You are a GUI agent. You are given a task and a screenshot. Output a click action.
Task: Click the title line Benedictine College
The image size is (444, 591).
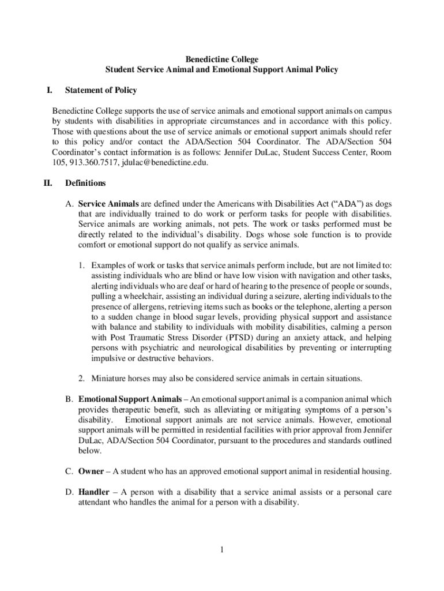(221, 59)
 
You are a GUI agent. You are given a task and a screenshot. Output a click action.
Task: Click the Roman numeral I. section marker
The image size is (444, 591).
(50, 91)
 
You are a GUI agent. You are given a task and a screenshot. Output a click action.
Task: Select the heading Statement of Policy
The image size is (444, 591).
(101, 91)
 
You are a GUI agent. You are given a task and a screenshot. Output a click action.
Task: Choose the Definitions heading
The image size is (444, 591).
(85, 184)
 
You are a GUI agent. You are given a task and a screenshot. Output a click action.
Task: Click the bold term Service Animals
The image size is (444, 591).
(108, 204)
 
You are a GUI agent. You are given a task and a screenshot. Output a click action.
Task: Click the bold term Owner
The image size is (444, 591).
(91, 472)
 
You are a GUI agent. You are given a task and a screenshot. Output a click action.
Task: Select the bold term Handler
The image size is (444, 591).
(95, 492)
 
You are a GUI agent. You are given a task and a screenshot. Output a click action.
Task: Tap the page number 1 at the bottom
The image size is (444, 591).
(221, 549)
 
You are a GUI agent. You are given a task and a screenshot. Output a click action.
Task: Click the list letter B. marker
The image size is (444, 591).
(69, 399)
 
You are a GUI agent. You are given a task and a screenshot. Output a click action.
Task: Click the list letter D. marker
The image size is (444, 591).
(69, 492)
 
